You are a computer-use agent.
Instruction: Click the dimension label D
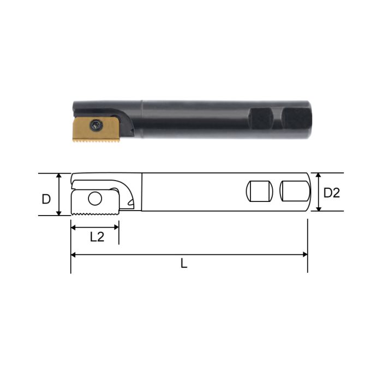46,199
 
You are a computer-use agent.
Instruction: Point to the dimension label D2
331,193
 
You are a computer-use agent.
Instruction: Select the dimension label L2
97,236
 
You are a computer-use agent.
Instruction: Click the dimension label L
184,264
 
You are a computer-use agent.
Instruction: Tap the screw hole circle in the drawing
95,199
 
